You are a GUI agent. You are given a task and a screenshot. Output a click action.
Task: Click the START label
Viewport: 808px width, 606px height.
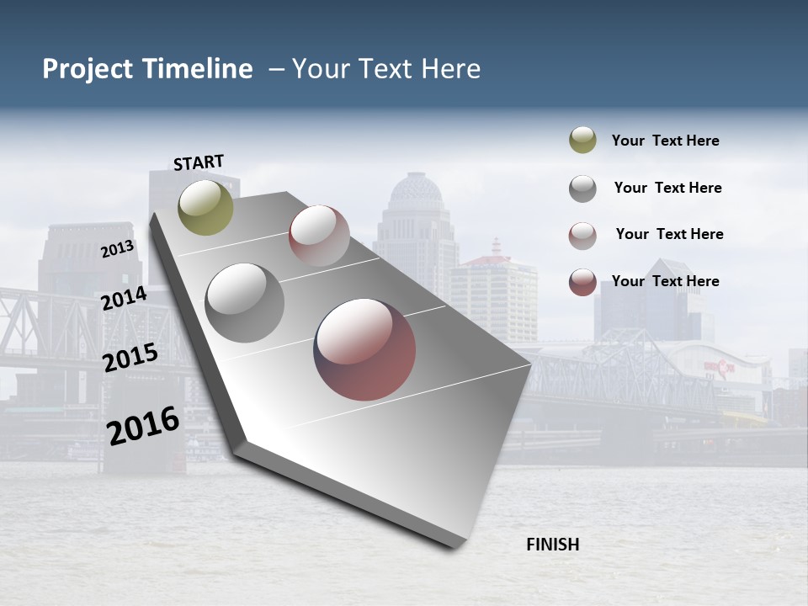[199, 162]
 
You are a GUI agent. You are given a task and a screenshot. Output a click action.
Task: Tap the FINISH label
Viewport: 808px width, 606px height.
[552, 545]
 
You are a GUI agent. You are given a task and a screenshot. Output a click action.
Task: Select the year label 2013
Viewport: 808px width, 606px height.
[117, 248]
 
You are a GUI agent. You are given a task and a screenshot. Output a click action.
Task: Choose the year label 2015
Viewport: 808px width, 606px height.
[130, 359]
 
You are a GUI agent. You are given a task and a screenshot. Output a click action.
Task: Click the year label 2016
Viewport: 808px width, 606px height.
[143, 426]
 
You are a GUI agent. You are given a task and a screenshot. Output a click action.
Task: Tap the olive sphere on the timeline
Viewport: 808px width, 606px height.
[205, 207]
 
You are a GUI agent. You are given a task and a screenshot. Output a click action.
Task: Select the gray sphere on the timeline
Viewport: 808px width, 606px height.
[244, 302]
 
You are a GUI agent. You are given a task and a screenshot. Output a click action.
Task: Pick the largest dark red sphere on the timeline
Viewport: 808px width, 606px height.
[364, 349]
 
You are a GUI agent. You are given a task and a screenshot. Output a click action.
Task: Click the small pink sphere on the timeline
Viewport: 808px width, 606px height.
[319, 236]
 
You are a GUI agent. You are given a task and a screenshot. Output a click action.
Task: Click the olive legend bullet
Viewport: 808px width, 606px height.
[582, 141]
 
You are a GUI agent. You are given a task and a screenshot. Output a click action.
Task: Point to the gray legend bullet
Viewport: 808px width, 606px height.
[582, 189]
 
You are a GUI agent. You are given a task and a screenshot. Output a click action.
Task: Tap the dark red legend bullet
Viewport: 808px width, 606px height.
[582, 282]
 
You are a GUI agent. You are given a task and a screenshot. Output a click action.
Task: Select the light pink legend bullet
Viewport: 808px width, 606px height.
[582, 235]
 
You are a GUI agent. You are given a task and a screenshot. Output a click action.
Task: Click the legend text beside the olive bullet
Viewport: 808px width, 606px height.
[665, 141]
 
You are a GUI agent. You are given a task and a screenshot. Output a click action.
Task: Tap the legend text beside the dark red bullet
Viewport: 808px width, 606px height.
[665, 281]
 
